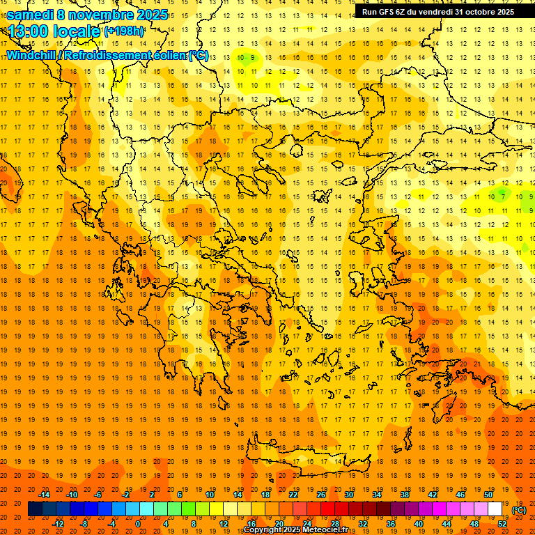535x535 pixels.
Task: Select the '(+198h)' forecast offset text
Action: tap(124, 31)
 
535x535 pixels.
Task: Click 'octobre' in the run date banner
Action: tap(475, 12)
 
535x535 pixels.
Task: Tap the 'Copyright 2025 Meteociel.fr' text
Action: tap(295, 530)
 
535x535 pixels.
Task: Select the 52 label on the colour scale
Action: tap(502, 524)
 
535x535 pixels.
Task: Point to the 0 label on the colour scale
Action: tap(138, 524)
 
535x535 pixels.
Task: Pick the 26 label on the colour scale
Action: tap(321, 495)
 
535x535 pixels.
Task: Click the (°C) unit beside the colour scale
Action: tap(519, 510)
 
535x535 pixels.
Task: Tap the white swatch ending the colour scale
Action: tap(495, 509)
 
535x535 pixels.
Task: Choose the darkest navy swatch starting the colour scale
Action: tap(35, 509)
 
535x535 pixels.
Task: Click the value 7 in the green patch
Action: tap(503, 196)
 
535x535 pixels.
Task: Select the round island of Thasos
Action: tap(296, 150)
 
